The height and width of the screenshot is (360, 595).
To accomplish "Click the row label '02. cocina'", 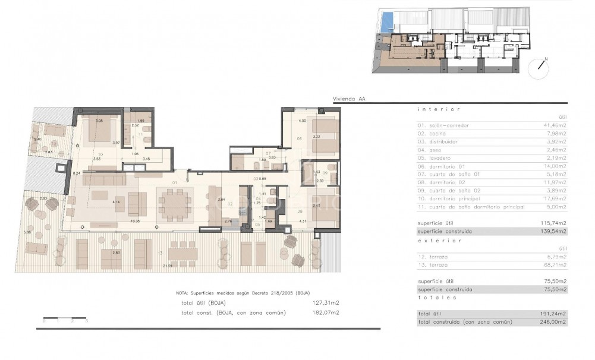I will pyautogui.click(x=431, y=134).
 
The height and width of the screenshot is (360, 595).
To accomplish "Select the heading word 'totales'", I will pyautogui.click(x=437, y=297).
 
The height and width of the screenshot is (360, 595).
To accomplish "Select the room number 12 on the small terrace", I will pyautogui.click(x=54, y=144).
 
